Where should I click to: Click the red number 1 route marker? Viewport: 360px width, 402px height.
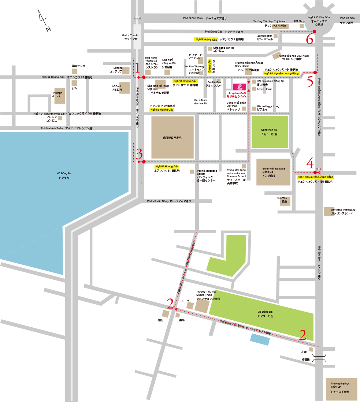click(x=137, y=68)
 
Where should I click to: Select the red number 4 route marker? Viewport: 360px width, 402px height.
click(x=310, y=163)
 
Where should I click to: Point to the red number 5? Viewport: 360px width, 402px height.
click(x=310, y=82)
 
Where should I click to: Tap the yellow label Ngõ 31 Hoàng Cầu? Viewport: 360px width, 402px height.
click(x=185, y=81)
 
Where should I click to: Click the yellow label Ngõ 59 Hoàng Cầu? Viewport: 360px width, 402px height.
click(x=162, y=109)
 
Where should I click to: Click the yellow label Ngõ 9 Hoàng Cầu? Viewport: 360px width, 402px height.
click(x=206, y=39)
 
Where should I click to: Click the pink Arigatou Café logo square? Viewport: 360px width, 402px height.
click(x=240, y=87)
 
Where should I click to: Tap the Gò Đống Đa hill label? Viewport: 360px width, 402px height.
click(x=265, y=314)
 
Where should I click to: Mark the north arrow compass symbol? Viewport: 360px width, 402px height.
click(x=44, y=21)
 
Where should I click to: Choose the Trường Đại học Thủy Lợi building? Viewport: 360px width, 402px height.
click(x=341, y=389)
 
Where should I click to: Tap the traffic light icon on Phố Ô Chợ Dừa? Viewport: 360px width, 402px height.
click(x=137, y=18)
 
